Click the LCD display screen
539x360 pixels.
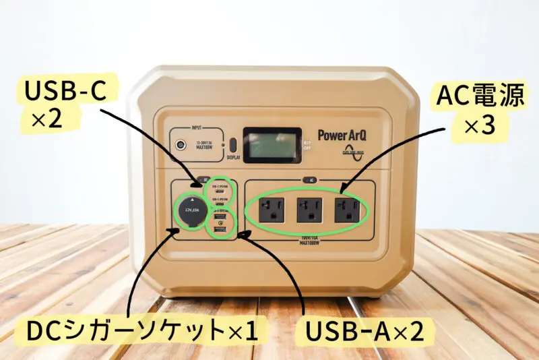coord(272,144)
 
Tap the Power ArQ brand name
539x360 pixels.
coord(342,134)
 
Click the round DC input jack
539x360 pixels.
coord(181,144)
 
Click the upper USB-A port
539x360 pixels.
coord(220,217)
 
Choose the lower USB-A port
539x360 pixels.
coord(220,231)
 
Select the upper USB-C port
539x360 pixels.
coord(220,189)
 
